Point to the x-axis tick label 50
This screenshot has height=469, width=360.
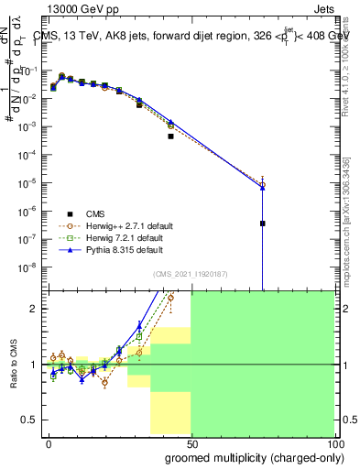[x=191, y=442]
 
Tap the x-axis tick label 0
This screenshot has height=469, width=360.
[x=49, y=442]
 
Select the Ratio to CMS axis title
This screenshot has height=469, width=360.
[x=14, y=364]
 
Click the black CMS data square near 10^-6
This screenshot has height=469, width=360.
[x=263, y=223]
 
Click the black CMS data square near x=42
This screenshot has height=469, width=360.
[x=170, y=136]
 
